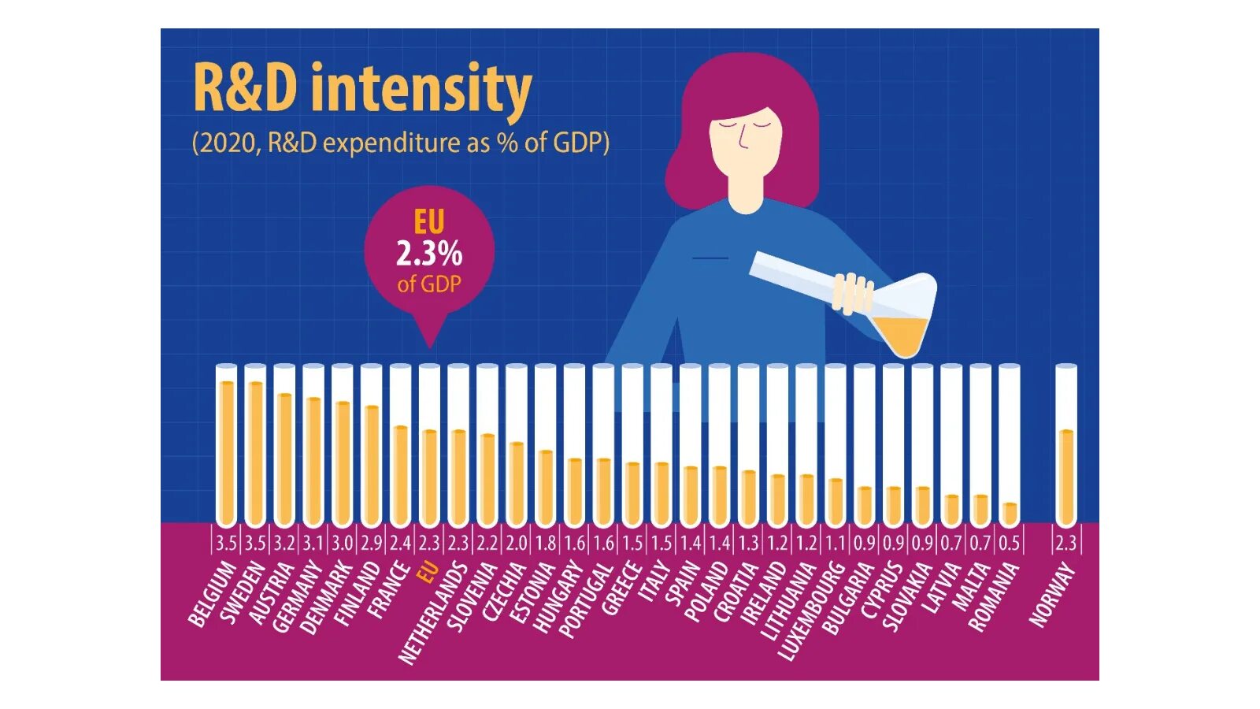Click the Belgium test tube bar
[226, 449]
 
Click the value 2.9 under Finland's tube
[371, 543]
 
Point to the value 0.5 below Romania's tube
[1009, 543]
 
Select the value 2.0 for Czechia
[516, 543]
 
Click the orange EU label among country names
[427, 573]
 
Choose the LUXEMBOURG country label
[812, 611]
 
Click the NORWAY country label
[1052, 596]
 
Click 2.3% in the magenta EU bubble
[429, 254]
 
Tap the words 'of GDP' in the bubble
[429, 284]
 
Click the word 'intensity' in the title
[421, 88]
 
